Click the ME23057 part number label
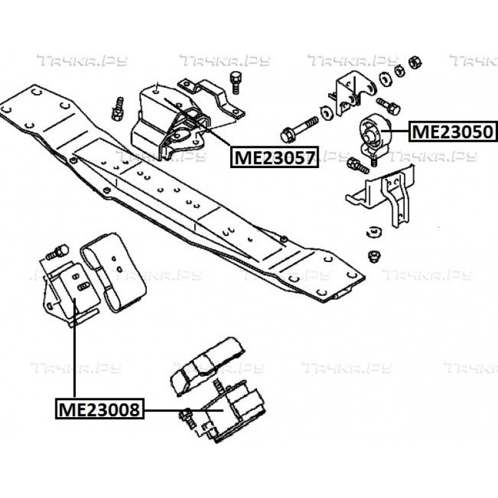click(x=274, y=157)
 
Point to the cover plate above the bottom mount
click(x=205, y=365)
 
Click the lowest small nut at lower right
click(x=374, y=256)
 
